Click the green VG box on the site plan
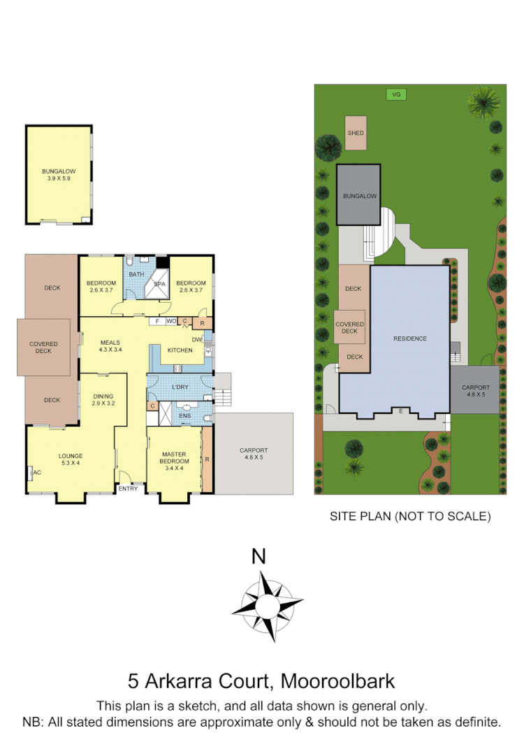(x=396, y=94)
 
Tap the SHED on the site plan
(x=356, y=133)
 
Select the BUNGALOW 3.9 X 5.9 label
(x=58, y=175)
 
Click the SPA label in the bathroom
(x=160, y=285)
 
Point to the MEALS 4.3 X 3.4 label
(x=110, y=345)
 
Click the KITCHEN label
(x=180, y=350)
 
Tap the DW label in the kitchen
(x=197, y=340)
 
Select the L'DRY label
(x=180, y=387)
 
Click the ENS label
(x=185, y=416)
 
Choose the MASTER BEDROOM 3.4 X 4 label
(x=174, y=461)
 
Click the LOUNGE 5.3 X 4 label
(x=71, y=459)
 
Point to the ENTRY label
(x=129, y=488)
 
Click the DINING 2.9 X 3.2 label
(x=103, y=400)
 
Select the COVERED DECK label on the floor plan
(x=44, y=348)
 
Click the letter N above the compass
(x=259, y=557)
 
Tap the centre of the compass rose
(x=268, y=604)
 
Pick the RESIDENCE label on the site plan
(x=409, y=338)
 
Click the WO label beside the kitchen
(x=171, y=321)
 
